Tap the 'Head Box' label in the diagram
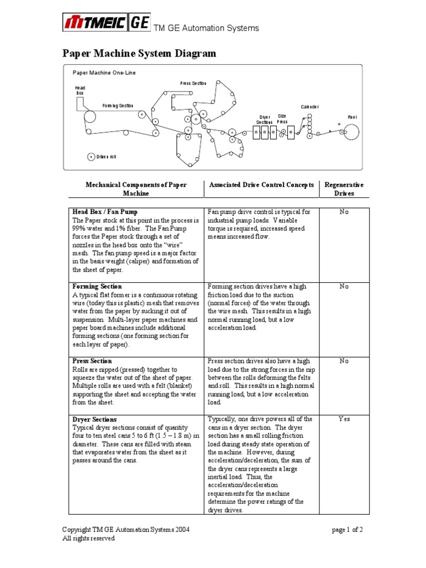(x=80, y=90)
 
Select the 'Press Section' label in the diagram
(x=193, y=83)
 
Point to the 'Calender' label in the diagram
(x=310, y=106)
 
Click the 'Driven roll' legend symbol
(x=91, y=157)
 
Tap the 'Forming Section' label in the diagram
(x=118, y=105)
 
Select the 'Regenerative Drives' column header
(x=343, y=189)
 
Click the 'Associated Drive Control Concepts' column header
(x=261, y=185)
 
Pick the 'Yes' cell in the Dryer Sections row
(x=344, y=419)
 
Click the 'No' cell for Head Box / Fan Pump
(x=344, y=212)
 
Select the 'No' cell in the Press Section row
(x=344, y=361)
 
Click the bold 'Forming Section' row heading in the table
(x=97, y=287)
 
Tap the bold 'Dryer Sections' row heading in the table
(x=95, y=419)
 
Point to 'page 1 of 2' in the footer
(x=347, y=530)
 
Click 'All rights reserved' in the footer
(x=88, y=538)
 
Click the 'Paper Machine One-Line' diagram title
(x=104, y=73)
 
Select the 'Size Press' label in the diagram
(x=282, y=119)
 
